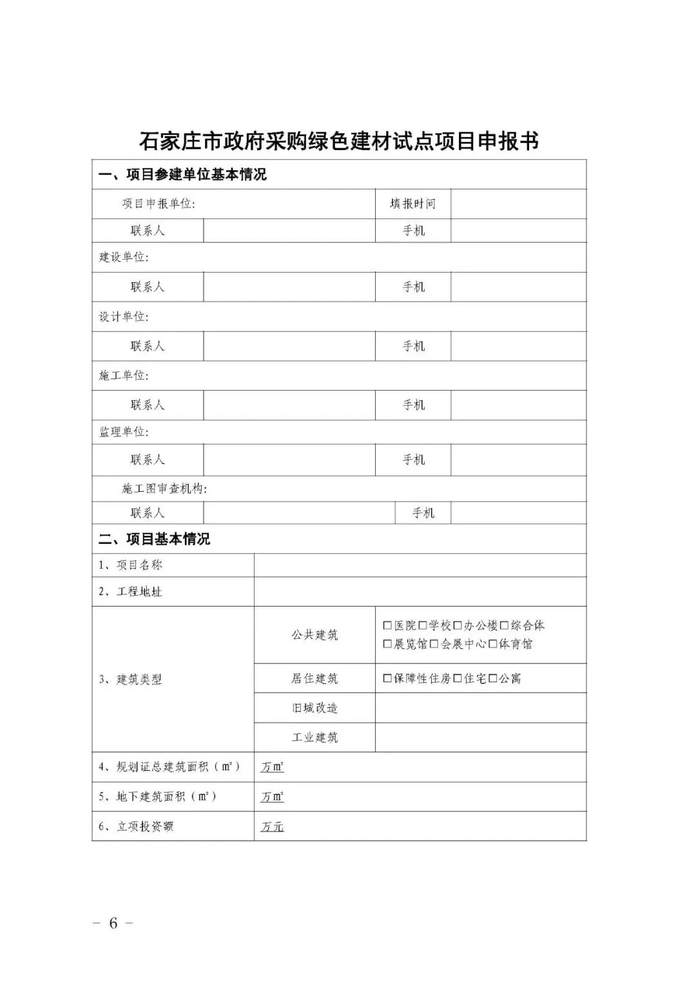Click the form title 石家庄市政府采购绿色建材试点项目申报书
339,141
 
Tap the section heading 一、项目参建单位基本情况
182,175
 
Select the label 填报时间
412,204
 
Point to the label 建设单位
123,257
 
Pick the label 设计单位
123,316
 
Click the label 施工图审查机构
164,489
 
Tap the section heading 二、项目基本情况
154,539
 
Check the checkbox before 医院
387,625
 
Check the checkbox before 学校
423,625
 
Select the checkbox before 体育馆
493,644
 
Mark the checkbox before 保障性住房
387,678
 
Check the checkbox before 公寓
493,678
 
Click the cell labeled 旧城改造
314,708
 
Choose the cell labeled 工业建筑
314,737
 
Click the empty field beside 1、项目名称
420,565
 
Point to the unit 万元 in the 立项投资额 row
272,827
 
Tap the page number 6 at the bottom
113,923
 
